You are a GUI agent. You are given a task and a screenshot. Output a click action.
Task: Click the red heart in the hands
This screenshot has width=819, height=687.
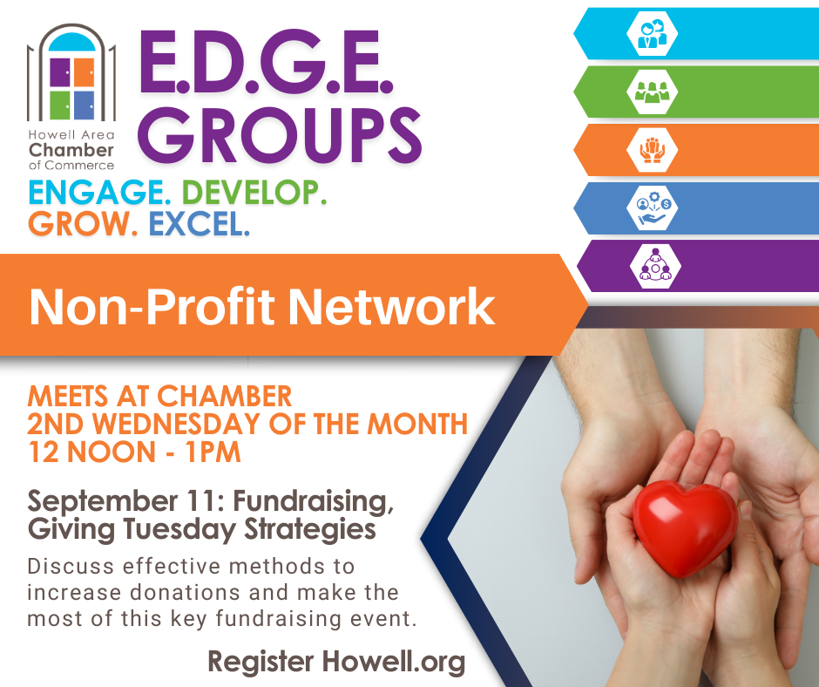[685, 528]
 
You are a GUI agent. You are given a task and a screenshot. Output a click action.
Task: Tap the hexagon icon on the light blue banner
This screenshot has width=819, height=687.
[652, 33]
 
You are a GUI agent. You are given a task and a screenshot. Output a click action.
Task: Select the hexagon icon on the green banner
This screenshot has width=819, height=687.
[652, 92]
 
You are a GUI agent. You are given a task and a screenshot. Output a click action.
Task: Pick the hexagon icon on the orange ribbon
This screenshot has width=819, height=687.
[652, 150]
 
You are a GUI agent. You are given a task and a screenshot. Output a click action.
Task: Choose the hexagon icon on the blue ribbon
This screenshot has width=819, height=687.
[652, 207]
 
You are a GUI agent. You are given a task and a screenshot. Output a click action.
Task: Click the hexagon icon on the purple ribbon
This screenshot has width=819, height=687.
[655, 266]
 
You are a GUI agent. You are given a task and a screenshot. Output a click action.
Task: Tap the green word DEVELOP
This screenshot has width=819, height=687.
[254, 193]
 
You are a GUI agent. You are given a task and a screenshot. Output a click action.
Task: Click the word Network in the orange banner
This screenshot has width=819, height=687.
[391, 307]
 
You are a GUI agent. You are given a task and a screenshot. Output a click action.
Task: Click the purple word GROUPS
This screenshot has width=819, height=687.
[280, 135]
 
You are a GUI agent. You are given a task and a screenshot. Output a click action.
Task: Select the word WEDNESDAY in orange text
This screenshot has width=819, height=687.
[179, 424]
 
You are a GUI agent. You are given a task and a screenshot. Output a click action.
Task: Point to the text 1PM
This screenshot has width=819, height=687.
[213, 452]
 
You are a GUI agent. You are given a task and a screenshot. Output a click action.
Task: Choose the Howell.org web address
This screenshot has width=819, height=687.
[393, 663]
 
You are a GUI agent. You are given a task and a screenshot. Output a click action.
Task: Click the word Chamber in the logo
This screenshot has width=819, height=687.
[71, 150]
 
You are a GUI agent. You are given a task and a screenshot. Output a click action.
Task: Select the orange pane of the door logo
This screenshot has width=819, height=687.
[84, 72]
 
